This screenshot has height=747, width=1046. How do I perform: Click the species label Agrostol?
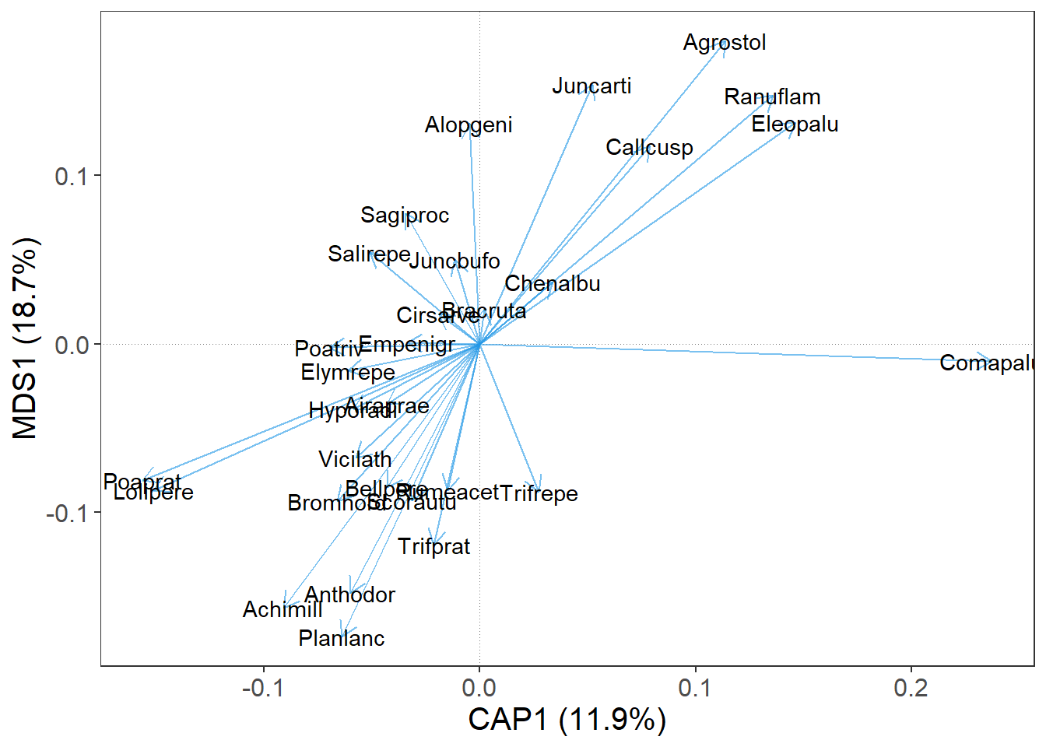724,42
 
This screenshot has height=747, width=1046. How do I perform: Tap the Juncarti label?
591,86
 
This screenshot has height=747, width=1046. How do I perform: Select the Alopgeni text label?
469,124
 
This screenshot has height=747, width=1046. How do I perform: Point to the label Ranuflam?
772,96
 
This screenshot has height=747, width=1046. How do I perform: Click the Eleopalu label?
795,124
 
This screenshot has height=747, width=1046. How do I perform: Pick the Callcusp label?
649,147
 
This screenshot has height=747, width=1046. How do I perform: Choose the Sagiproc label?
405,215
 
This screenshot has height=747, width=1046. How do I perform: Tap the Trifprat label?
433,546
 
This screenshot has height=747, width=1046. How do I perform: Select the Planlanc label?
341,638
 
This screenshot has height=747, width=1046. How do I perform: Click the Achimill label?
283,609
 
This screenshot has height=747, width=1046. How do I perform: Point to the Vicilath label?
355,459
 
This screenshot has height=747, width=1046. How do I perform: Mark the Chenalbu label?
553,284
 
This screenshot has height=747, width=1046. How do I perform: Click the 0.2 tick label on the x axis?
911,688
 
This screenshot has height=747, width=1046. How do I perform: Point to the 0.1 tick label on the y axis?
71,176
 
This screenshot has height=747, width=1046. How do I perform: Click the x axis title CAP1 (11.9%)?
567,719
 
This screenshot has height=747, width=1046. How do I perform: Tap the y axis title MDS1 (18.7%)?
25,338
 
